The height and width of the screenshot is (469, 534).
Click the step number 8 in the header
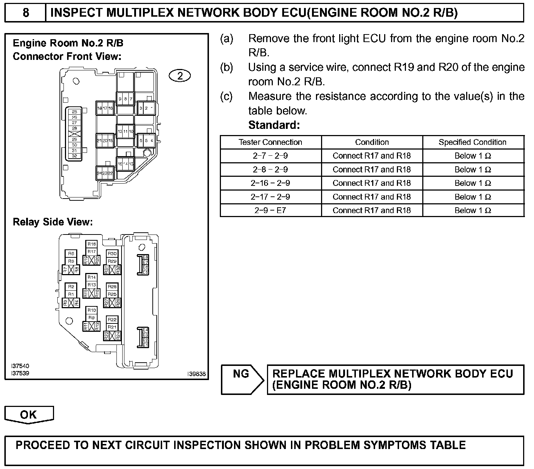pos(26,13)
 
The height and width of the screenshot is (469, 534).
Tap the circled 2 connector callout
pos(180,76)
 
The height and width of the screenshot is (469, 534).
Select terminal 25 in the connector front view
pos(74,112)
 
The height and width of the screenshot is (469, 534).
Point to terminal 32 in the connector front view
pos(74,156)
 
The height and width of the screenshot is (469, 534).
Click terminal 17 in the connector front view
pos(105,108)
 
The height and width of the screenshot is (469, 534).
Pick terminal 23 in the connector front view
pos(105,174)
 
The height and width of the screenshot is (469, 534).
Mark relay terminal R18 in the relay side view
pos(92,244)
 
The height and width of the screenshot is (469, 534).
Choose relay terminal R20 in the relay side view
pos(97,260)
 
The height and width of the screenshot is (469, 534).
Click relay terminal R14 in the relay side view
pos(92,277)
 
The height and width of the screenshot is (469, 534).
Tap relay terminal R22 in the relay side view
pos(112,320)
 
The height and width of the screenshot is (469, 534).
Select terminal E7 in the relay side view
pos(145,262)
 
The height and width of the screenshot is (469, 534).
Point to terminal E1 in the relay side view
pos(145,344)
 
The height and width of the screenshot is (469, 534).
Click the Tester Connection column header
pos(270,142)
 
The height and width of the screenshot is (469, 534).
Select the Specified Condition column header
pos(472,142)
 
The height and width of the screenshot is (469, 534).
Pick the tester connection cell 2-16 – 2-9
pos(270,183)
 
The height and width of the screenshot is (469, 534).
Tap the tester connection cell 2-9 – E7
pos(270,211)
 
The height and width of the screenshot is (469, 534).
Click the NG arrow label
pos(241,374)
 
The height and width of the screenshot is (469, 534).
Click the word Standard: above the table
pos(274,125)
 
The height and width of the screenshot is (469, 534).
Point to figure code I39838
pos(197,374)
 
